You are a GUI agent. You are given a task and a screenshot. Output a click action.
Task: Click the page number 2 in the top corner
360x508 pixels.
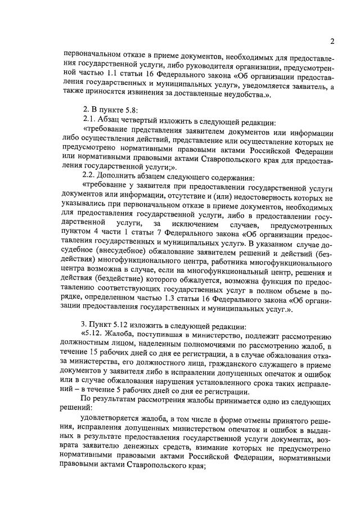pos(332,41)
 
